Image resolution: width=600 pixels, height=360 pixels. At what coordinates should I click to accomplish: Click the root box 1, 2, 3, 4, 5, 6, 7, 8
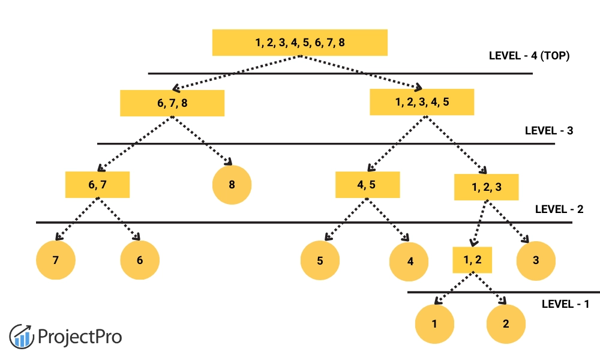click(x=300, y=43)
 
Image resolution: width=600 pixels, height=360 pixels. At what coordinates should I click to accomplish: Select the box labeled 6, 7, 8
click(x=172, y=103)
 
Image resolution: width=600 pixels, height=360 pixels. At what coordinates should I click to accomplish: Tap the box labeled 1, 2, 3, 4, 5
click(x=422, y=102)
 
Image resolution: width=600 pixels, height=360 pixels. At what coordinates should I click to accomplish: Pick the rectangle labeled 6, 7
click(x=97, y=185)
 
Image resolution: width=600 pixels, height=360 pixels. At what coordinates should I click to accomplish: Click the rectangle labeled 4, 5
click(x=367, y=185)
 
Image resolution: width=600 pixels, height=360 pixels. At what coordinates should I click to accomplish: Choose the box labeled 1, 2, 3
click(x=486, y=187)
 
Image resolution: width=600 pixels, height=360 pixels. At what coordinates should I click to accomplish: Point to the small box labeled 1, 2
click(x=472, y=260)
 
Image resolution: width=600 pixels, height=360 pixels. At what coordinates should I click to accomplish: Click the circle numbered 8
click(x=232, y=185)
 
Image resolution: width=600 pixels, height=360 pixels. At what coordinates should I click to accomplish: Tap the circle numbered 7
click(x=56, y=260)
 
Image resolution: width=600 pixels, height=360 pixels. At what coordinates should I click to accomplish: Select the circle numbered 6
click(x=140, y=260)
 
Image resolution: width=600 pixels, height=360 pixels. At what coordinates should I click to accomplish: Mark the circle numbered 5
click(x=320, y=261)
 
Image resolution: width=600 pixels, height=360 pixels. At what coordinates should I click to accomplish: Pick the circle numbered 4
click(x=410, y=262)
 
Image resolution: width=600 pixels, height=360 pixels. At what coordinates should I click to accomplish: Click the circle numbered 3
click(x=536, y=260)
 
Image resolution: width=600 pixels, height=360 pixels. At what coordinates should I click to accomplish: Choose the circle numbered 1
click(x=434, y=324)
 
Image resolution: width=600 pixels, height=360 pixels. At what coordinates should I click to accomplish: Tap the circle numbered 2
click(x=506, y=324)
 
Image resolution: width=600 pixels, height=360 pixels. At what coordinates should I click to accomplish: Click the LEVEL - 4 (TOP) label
click(x=529, y=56)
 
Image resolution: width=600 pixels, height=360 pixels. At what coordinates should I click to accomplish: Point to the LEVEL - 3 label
click(x=549, y=130)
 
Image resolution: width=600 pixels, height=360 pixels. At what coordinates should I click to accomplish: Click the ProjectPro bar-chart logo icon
click(x=22, y=336)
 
